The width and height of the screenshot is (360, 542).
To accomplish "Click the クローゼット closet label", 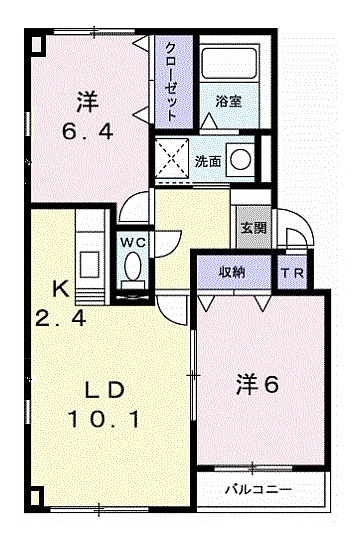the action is pos(171,81).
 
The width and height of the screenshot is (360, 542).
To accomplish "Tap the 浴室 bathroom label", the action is pos(229,101).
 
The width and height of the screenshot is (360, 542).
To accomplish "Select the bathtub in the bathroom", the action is pos(230,63).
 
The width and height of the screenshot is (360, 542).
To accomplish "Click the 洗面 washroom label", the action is pos(207,161).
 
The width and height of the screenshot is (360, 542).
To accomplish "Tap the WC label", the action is pos(133,243).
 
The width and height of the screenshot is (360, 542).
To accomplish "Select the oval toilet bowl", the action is pos(133,265).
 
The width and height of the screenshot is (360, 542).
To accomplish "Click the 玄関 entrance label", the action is pos(254,227).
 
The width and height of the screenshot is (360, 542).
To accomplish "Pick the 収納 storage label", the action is pos(233,273).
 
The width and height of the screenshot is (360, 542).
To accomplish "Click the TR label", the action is pos(292,273).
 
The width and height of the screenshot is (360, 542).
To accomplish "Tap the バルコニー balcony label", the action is pos(259,489).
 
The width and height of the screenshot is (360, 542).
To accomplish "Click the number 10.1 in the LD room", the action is pos(104,419).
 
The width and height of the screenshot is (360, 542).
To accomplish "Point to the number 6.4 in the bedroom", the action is pos(87,131).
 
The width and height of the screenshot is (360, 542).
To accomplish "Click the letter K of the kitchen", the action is pos(61,289).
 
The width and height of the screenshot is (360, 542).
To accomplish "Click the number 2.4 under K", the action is pos(61,318).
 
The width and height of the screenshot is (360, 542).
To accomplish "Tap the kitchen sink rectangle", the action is pos(90,264).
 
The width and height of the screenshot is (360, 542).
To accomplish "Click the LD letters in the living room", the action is pos(104,391).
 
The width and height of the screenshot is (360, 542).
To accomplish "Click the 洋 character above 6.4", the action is pos(88,102).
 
